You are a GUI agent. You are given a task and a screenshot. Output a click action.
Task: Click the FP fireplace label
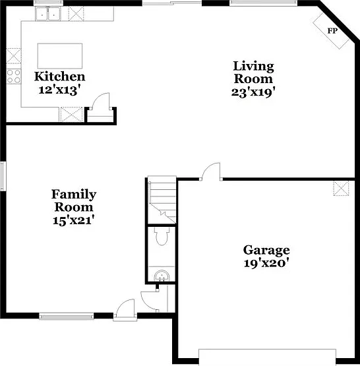point(332,30)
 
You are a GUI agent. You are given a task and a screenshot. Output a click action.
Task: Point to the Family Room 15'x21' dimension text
point(73,220)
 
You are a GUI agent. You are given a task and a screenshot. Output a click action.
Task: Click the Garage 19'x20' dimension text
point(265,263)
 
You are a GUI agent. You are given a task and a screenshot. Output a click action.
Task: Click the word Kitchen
point(60,76)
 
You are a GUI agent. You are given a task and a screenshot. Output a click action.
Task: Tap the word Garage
point(266,251)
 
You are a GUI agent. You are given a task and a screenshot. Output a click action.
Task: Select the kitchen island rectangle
point(60,56)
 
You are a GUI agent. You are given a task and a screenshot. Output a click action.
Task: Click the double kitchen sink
point(48,14)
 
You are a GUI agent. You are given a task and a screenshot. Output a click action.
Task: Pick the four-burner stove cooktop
point(14,76)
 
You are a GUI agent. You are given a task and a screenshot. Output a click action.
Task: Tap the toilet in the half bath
point(162,236)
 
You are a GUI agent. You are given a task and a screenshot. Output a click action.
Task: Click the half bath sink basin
point(162,276)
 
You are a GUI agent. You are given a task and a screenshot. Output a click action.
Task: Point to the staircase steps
point(162,200)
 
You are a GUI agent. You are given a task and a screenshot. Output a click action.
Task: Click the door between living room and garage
point(211,171)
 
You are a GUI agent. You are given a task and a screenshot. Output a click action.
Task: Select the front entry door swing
point(125,308)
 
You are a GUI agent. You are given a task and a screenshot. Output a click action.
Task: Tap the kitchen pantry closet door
point(101,102)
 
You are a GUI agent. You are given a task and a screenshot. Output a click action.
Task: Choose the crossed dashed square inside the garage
point(341,189)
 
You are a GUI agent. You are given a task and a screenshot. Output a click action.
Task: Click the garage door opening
point(268,357)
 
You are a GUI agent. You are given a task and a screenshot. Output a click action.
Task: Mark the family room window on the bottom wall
point(66,317)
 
